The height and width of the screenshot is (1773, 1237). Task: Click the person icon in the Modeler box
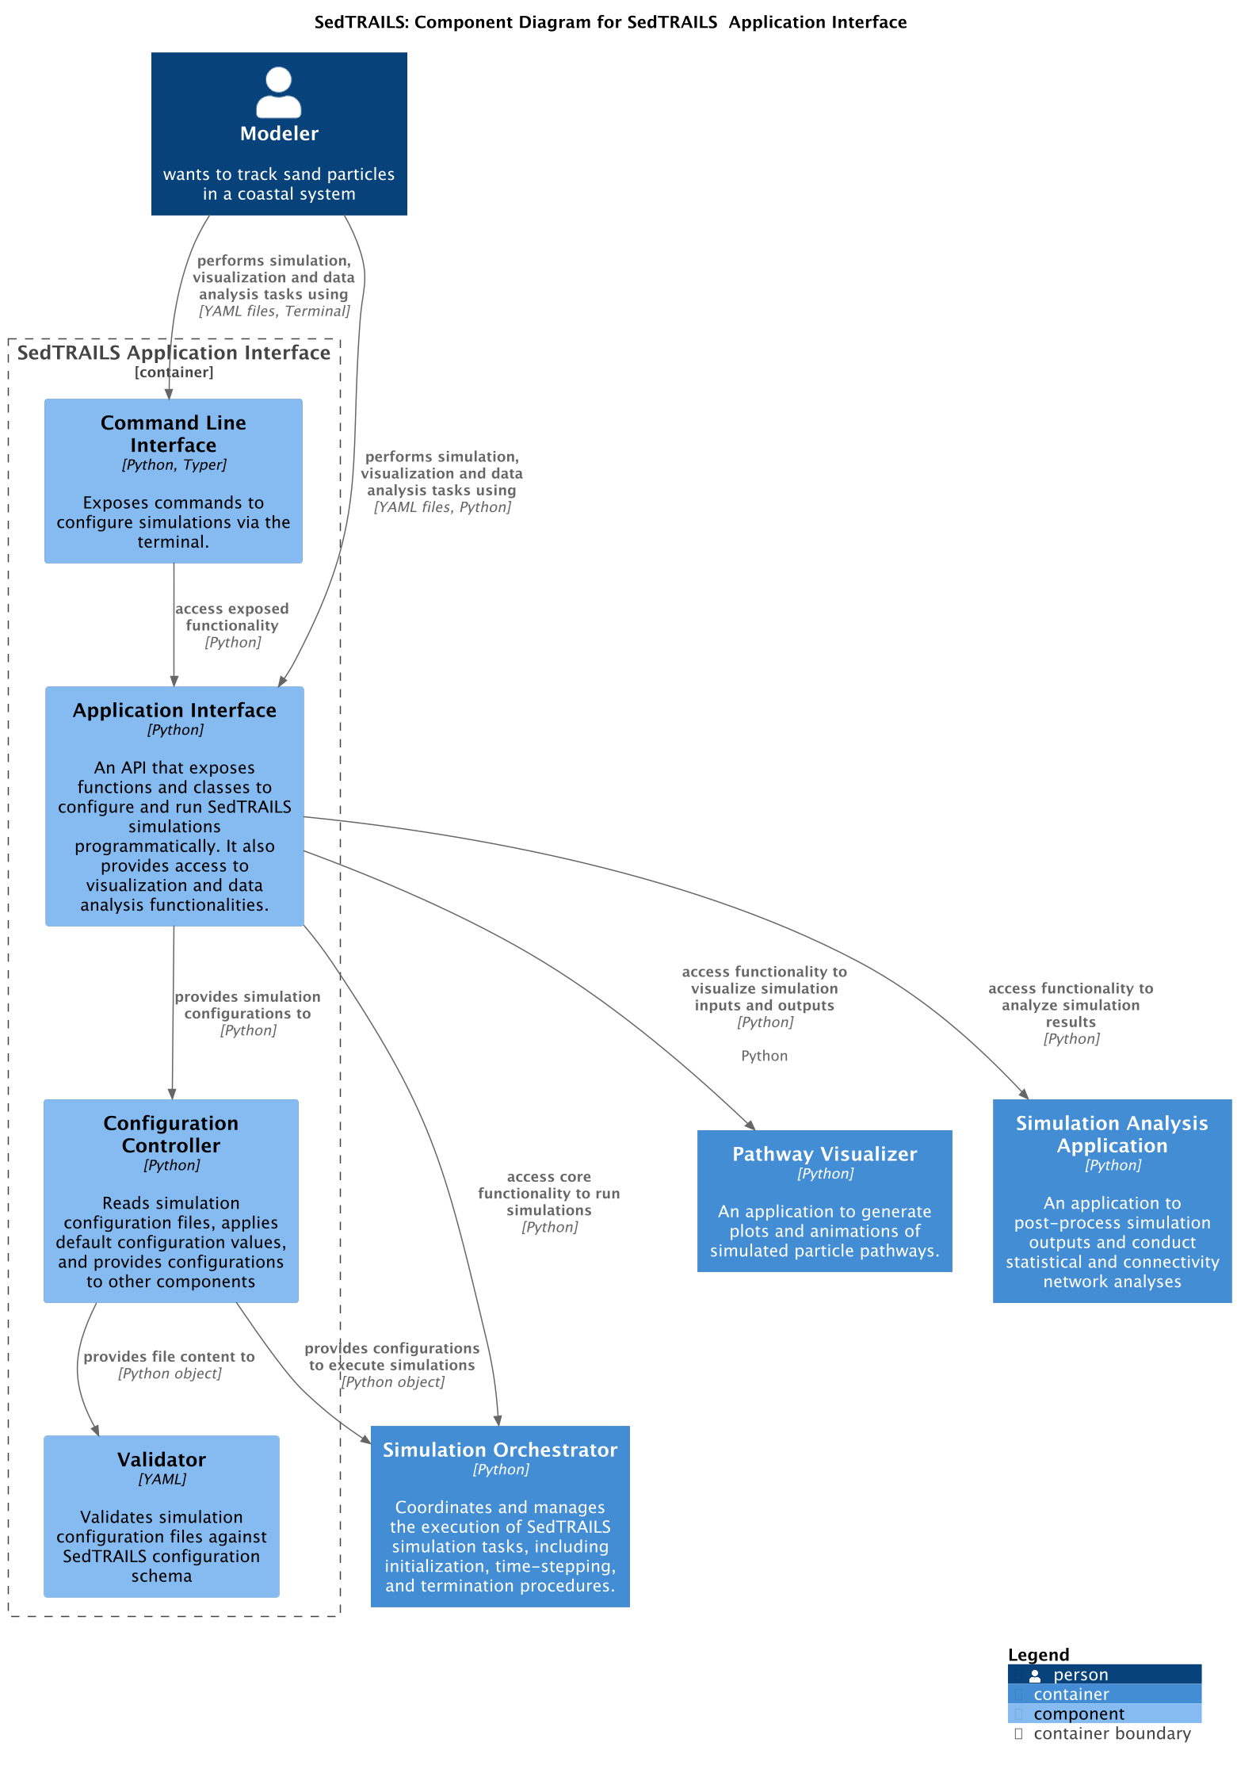(x=279, y=94)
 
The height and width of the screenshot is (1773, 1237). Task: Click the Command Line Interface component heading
(x=173, y=434)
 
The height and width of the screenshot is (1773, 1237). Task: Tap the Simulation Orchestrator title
(x=499, y=1450)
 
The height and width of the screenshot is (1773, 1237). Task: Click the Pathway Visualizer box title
(x=824, y=1154)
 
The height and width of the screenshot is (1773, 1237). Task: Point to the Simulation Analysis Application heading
(x=1112, y=1134)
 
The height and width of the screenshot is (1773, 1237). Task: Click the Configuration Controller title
(x=171, y=1134)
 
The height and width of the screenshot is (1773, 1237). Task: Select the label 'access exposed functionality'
(x=231, y=617)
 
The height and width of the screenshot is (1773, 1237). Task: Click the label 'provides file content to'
(x=169, y=1357)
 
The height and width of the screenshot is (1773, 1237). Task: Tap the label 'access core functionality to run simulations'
(x=548, y=1194)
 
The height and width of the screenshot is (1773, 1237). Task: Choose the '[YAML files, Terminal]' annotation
(x=273, y=311)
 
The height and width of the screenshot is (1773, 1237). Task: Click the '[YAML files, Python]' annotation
(x=441, y=507)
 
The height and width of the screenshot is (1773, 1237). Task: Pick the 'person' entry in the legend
(x=1079, y=1675)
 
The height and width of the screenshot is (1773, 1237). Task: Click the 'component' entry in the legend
(x=1078, y=1714)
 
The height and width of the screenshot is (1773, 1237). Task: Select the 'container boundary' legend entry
(x=1111, y=1733)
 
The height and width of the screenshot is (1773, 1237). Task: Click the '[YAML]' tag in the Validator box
(x=162, y=1479)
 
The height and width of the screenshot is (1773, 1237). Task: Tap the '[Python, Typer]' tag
(x=174, y=465)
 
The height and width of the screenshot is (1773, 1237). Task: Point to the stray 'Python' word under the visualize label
(x=764, y=1056)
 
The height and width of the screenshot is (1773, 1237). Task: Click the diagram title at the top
(x=610, y=22)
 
